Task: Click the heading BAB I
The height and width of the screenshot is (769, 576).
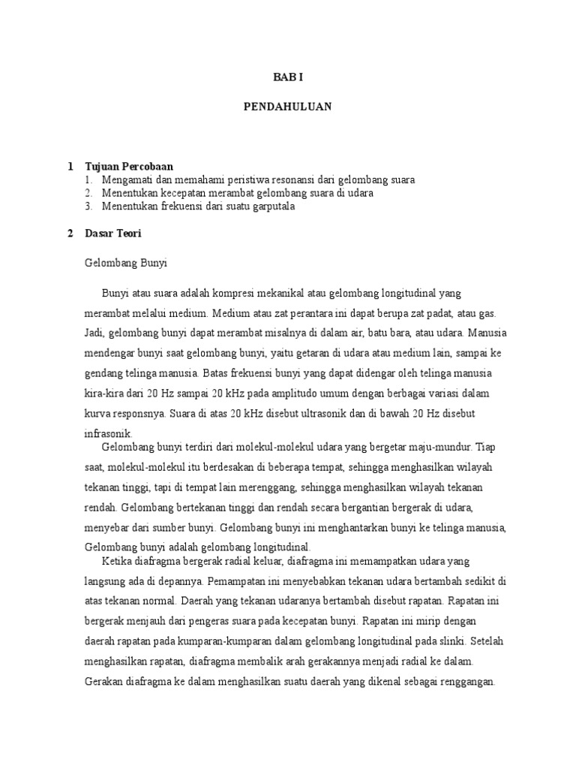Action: pos(287,77)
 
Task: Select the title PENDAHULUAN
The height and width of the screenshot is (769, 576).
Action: pos(287,107)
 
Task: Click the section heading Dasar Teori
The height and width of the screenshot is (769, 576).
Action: pos(114,234)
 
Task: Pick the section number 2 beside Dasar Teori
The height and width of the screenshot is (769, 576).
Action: pos(70,234)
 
